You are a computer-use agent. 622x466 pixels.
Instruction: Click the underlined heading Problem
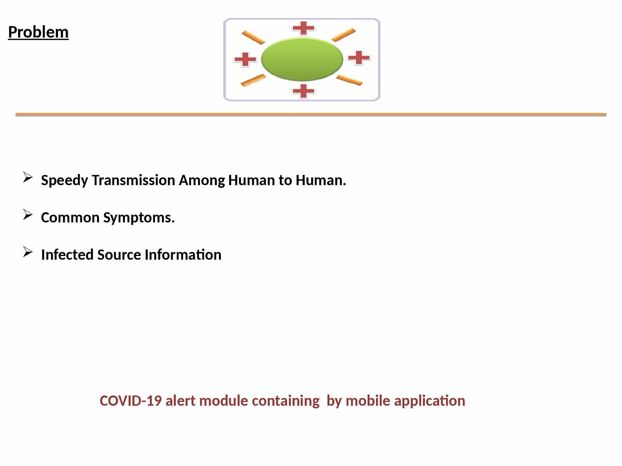pos(38,32)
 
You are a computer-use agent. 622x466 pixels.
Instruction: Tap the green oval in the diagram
pos(302,59)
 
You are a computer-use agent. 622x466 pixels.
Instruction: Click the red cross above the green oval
pos(304,28)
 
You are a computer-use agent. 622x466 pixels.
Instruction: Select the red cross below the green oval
pos(304,91)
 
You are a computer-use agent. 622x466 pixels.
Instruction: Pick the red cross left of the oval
pos(245,59)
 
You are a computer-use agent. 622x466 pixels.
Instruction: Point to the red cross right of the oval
pos(359,57)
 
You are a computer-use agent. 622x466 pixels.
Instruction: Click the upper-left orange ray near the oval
pos(253,37)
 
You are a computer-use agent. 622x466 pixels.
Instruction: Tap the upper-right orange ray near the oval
pos(344,35)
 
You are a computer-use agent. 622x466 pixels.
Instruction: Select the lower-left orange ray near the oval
pos(253,80)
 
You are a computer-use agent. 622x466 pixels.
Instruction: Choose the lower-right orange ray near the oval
pos(350,80)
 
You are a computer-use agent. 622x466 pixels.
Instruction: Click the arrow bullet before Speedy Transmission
pos(28,177)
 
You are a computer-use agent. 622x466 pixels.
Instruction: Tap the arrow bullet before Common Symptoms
pos(28,215)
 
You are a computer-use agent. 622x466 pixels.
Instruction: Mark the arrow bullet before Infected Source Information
pos(28,252)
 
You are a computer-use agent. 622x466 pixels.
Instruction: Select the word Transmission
pos(133,180)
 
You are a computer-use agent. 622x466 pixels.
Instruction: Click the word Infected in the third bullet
pos(67,254)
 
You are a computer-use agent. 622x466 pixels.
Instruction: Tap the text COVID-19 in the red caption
pos(131,401)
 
